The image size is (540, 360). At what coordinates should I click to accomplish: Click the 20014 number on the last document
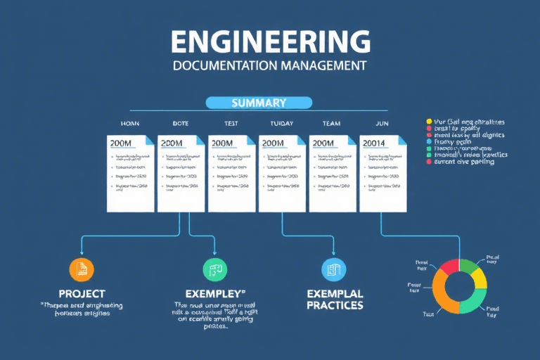coord(375,143)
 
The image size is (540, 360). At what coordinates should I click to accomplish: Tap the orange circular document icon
coord(82,269)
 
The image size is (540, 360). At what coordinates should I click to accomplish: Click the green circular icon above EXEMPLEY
coord(215,269)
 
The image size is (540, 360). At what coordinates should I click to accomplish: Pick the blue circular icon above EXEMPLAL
coord(333,269)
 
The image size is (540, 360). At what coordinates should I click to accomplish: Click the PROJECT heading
coord(82,293)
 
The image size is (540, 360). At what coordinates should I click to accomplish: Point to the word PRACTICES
coord(335,305)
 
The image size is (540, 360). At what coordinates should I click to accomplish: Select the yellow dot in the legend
coord(429,122)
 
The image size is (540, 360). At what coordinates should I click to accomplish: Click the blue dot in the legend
coord(429,141)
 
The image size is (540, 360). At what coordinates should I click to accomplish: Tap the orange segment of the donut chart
coord(439,295)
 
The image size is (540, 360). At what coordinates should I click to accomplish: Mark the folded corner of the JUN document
coord(401,139)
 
